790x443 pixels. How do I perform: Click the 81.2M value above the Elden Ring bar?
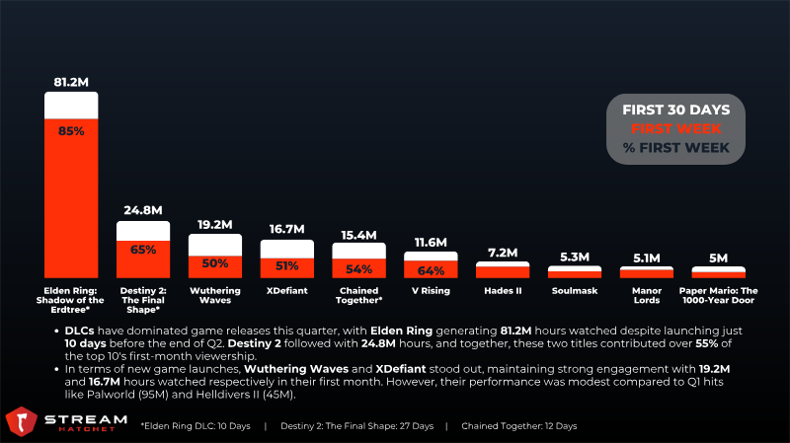pos(71,80)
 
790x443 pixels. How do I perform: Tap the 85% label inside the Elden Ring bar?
pos(71,129)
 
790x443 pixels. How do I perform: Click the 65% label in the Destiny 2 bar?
pos(143,250)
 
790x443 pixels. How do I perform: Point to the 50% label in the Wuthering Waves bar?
pos(215,263)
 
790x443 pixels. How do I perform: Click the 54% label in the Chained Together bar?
pos(358,268)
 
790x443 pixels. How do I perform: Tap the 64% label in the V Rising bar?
pos(431,269)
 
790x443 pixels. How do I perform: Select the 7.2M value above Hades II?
pos(503,253)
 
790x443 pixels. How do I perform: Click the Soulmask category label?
pos(575,292)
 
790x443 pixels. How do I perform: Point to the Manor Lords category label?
pos(646,297)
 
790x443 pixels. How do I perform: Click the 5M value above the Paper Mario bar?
pos(718,258)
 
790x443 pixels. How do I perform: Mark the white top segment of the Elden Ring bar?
pos(71,105)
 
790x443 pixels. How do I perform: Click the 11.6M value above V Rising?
pos(431,242)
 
